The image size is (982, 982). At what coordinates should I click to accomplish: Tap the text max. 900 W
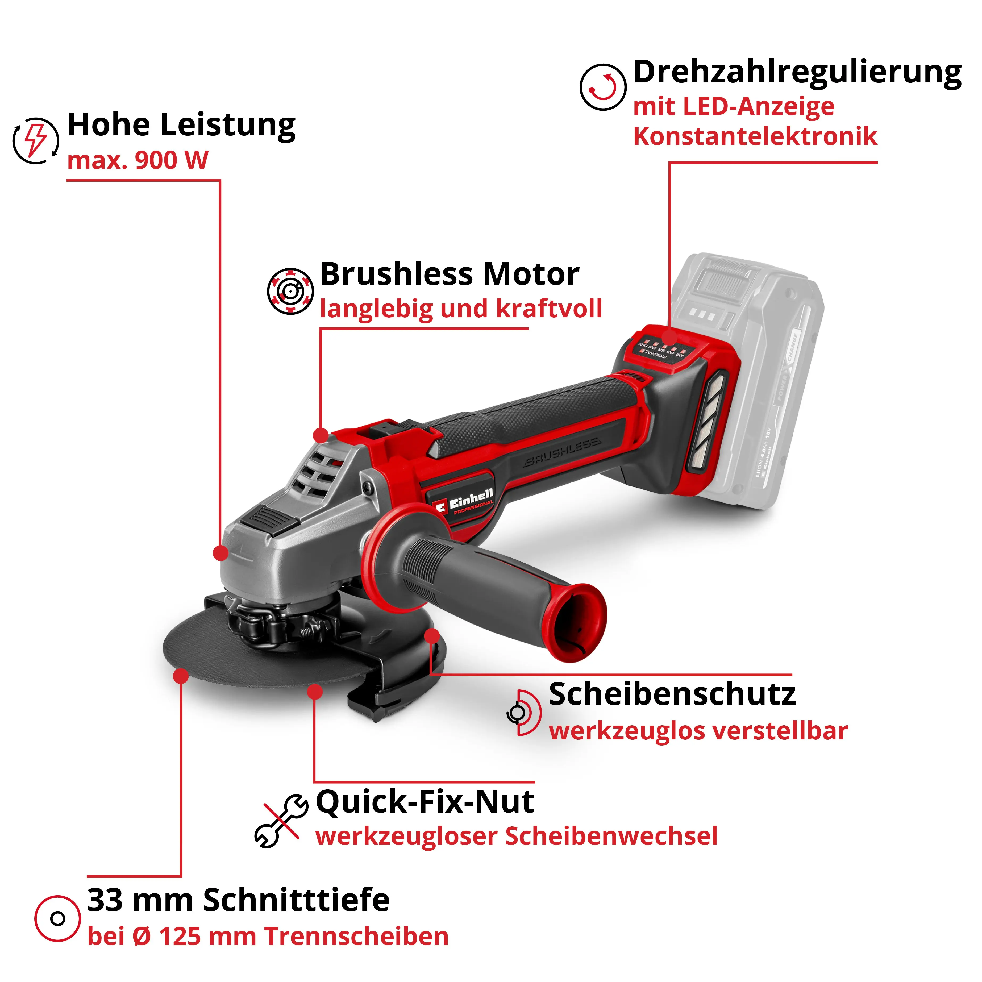[x=137, y=161]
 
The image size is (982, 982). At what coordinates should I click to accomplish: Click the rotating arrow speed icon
[x=602, y=87]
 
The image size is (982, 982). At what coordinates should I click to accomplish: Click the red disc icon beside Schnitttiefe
[x=57, y=918]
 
